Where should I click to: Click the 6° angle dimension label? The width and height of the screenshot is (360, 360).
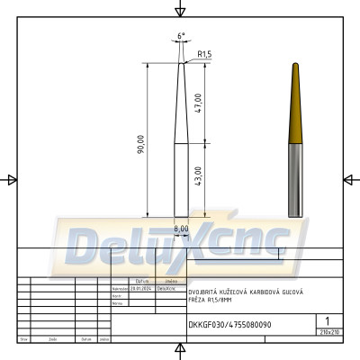(181, 36)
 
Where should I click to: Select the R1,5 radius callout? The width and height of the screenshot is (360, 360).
(203, 55)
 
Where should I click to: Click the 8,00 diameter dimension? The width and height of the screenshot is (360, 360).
(181, 229)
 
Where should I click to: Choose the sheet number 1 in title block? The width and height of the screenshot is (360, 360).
(327, 320)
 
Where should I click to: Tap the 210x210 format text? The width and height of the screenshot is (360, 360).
(328, 332)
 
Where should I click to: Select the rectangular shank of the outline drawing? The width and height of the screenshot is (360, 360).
(181, 180)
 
